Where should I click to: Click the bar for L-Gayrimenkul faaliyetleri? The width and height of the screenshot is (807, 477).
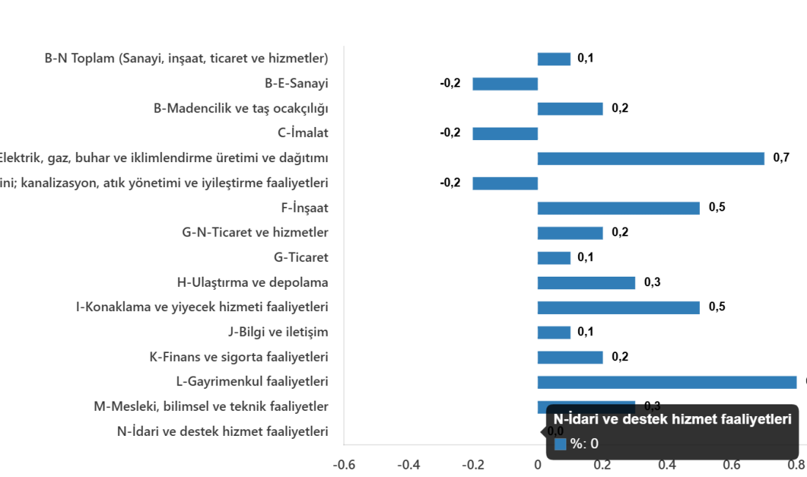(667, 382)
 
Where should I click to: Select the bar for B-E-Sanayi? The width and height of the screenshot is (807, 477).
(505, 84)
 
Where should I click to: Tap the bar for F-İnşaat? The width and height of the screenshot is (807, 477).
(618, 208)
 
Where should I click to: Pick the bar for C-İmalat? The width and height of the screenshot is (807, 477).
(505, 134)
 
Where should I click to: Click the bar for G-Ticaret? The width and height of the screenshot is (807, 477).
(554, 258)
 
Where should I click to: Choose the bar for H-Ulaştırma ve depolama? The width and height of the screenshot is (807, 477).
(586, 283)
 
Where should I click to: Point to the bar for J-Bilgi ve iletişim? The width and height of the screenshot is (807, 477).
(554, 332)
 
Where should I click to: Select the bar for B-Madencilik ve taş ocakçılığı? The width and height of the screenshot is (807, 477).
(570, 109)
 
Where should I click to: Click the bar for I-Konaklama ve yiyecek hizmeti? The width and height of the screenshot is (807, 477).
(618, 307)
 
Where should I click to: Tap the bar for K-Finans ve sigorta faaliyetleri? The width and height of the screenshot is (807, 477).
(570, 357)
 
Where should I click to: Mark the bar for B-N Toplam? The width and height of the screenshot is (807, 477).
(554, 59)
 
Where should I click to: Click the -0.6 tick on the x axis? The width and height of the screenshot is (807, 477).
(344, 465)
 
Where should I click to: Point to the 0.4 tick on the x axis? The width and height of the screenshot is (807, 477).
(667, 465)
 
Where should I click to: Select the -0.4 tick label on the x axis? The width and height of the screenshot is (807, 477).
(408, 465)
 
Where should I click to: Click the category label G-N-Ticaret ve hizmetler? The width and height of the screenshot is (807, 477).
(255, 233)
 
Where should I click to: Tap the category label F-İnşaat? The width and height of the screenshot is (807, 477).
(304, 208)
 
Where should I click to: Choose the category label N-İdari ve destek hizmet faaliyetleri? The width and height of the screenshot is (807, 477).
(222, 432)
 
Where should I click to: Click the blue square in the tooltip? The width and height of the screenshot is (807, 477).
(560, 444)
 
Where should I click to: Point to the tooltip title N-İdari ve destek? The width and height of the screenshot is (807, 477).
(672, 420)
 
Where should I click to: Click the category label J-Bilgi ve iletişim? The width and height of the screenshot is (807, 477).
(278, 332)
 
